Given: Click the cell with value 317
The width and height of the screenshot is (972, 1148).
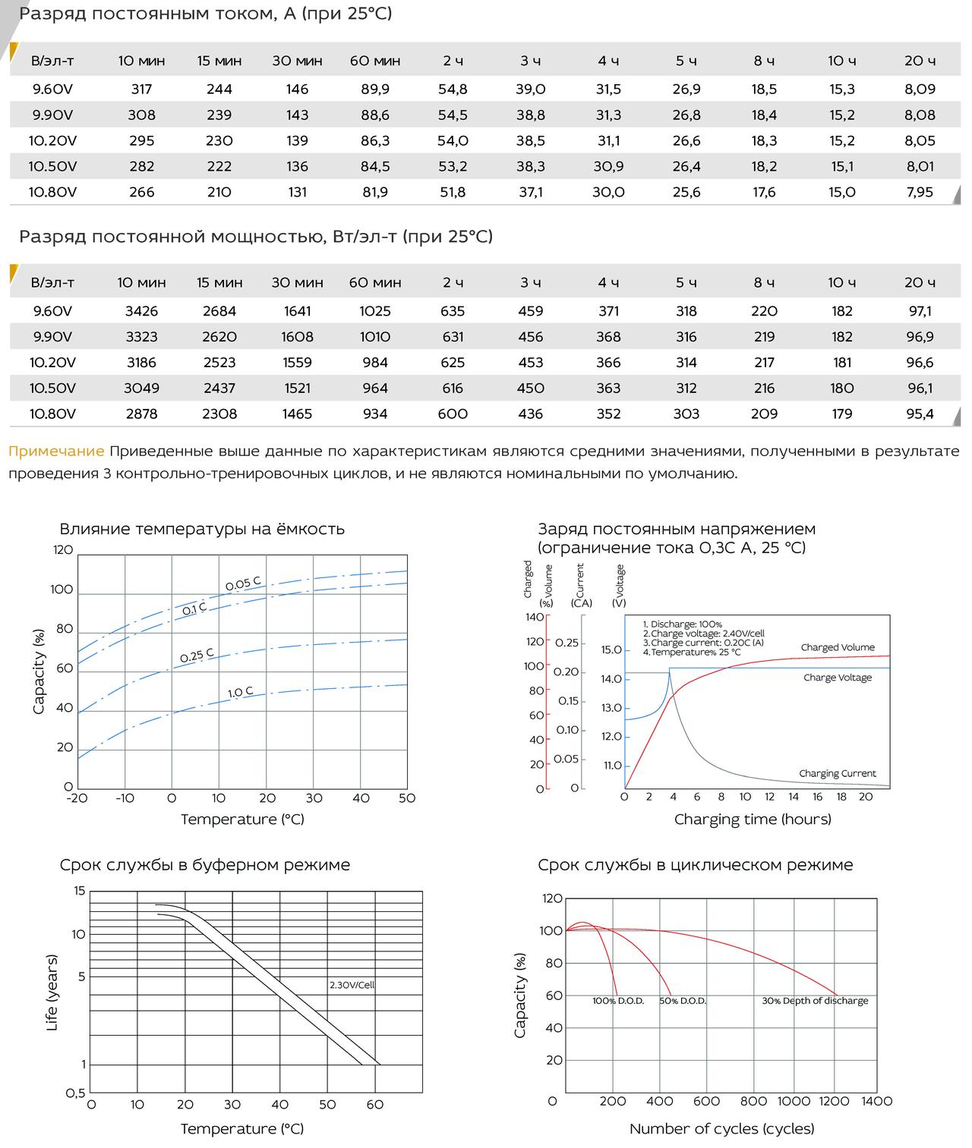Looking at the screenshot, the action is click(x=141, y=89).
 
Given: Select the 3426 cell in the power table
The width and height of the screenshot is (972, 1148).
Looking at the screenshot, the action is click(x=141, y=311).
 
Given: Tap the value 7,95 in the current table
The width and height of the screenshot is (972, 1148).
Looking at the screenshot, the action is click(x=920, y=192).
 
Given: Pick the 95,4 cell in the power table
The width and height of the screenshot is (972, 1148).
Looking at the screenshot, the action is click(x=920, y=414).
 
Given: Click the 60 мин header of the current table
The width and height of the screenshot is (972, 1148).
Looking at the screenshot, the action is click(x=375, y=61).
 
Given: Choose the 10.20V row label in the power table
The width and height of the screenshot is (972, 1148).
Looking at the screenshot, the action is click(x=52, y=363).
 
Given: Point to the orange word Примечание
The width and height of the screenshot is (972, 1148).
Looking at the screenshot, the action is click(x=56, y=451).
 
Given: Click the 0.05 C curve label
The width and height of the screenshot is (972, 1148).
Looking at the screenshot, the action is click(x=243, y=583).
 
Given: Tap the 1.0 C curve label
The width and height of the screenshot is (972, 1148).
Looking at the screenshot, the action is click(x=240, y=692).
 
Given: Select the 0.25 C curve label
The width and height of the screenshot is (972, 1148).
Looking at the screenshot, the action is click(x=197, y=656).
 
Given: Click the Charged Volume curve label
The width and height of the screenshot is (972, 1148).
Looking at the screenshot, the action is click(x=838, y=647).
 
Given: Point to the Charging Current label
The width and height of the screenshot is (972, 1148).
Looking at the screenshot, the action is click(x=838, y=773).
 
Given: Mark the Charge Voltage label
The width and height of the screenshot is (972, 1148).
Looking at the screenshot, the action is click(x=838, y=677).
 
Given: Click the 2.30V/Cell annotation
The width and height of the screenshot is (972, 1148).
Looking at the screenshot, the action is click(x=352, y=985).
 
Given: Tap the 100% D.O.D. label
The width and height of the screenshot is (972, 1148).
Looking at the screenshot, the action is click(x=618, y=1001).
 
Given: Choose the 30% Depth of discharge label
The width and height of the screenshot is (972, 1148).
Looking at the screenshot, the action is click(x=815, y=1001).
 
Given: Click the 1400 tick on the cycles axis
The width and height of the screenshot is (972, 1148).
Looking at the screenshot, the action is click(x=876, y=1101).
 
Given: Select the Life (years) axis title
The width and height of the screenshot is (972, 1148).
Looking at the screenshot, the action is click(x=52, y=992).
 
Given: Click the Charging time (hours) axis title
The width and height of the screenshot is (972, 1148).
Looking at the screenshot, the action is click(x=753, y=819).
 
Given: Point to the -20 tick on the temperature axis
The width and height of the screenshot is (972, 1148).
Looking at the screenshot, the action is click(x=77, y=798).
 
